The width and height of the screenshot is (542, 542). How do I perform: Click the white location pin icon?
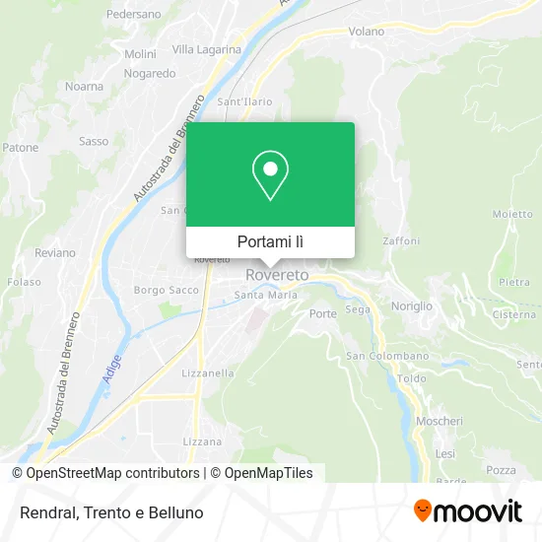[x=270, y=176]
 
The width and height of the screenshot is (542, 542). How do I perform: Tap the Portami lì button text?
[x=270, y=241]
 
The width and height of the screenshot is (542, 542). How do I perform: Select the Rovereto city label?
[x=277, y=274]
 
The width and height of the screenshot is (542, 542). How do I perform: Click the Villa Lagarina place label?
[x=207, y=49]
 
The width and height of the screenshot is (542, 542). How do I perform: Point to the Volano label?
[x=367, y=32]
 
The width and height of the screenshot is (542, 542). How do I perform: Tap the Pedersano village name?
[x=133, y=16]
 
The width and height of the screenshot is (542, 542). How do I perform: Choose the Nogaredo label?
[x=150, y=73]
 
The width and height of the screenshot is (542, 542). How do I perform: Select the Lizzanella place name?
[x=208, y=373]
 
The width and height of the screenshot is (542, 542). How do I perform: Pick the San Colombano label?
[x=387, y=356]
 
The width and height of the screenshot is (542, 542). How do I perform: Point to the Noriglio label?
[x=412, y=305]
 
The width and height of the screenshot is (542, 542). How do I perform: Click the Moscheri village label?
[x=440, y=421]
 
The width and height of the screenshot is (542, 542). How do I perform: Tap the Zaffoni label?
[x=402, y=240]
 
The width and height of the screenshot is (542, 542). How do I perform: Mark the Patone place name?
[x=20, y=148]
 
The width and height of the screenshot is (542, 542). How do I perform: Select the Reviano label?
[x=54, y=252]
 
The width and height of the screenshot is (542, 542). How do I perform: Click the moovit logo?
[x=468, y=510]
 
